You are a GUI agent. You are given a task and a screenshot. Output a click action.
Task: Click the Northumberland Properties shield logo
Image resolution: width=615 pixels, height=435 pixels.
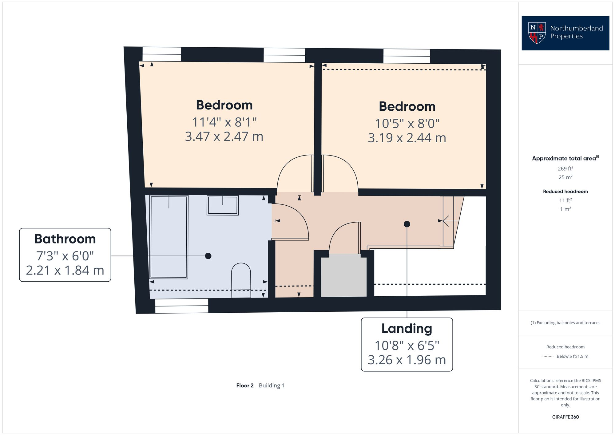click(x=537, y=33)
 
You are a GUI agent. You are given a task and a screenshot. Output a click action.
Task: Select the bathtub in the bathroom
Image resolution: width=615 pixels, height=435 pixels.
click(x=169, y=237)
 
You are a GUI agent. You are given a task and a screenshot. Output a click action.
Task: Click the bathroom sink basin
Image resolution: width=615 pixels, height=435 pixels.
click(x=223, y=205)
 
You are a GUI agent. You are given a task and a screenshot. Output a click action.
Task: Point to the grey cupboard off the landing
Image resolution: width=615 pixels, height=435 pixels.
click(x=343, y=277)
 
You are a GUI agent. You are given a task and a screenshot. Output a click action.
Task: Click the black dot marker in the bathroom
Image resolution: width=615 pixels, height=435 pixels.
click(x=208, y=256)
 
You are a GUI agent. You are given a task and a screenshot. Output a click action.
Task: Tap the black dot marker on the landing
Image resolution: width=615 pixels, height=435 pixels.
click(x=407, y=224)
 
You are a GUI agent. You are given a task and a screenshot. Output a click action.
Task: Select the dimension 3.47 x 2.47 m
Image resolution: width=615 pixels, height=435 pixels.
click(x=224, y=136)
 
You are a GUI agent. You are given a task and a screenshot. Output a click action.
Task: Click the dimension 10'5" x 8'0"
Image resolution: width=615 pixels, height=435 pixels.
click(x=407, y=124)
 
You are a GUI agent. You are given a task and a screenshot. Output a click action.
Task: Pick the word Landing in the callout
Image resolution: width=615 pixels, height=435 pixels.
click(x=407, y=328)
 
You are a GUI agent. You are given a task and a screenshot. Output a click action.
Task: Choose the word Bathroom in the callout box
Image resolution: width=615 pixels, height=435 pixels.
click(x=65, y=239)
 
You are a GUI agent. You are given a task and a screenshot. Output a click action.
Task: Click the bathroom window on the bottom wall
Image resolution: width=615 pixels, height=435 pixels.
click(x=181, y=306)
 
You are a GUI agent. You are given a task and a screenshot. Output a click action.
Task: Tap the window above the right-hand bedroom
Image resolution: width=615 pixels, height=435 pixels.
click(x=406, y=56)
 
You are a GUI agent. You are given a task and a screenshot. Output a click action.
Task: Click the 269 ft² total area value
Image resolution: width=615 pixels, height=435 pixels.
click(x=565, y=168)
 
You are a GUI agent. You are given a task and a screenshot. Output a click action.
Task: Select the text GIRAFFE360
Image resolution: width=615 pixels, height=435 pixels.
click(x=565, y=417)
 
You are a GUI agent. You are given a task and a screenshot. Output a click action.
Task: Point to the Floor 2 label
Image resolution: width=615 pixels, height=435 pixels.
click(x=245, y=386)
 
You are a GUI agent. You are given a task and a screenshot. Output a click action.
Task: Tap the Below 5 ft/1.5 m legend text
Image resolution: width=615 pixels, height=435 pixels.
click(x=572, y=356)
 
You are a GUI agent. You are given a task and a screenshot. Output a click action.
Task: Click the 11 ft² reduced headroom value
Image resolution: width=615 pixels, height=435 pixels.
click(x=565, y=200)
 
